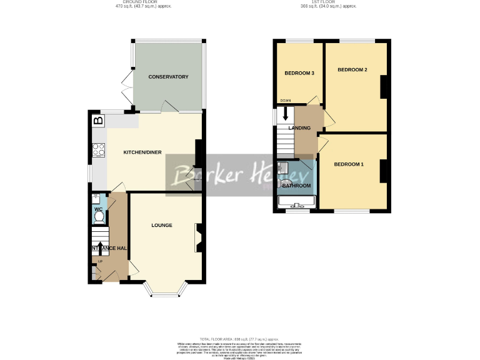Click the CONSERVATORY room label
pyautogui.click(x=168, y=77)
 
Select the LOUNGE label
pyautogui.click(x=161, y=225)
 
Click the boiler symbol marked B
pyautogui.click(x=97, y=120)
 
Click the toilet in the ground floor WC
pyautogui.click(x=98, y=217)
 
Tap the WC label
pyautogui.click(x=98, y=209)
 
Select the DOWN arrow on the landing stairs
pyautogui.click(x=286, y=114)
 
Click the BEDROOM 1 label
pyautogui.click(x=348, y=164)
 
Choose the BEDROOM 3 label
pyautogui.click(x=299, y=73)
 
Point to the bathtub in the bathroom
pyautogui.click(x=296, y=201)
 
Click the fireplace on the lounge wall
pyautogui.click(x=199, y=237)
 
